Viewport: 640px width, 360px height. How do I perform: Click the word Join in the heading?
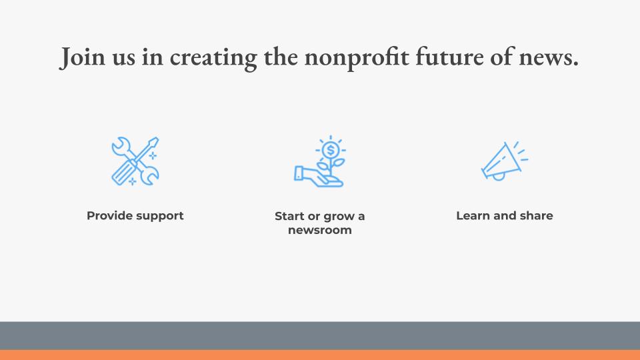82,57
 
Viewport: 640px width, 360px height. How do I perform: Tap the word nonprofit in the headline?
357,58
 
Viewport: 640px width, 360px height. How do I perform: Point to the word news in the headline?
549,58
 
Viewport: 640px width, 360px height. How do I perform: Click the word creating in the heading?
213,58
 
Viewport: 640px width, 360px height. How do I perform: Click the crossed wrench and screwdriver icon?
135,161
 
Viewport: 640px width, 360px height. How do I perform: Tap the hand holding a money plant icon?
319,161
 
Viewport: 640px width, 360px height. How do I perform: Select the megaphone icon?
505,161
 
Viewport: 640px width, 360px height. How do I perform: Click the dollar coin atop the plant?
331,150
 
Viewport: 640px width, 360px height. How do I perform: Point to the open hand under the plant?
319,176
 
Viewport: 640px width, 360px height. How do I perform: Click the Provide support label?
135,216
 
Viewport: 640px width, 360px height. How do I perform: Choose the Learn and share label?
505,215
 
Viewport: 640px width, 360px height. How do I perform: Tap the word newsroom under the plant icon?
320,230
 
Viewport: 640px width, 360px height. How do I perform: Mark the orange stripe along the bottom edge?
320,355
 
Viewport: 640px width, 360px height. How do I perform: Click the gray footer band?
320,335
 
